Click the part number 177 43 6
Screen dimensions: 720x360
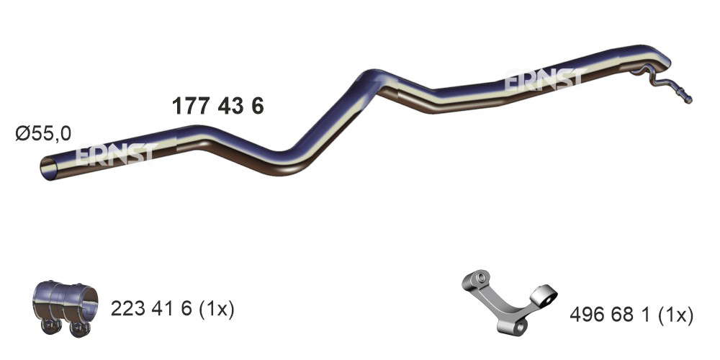click(x=218, y=107)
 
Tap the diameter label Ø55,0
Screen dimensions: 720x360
click(x=43, y=134)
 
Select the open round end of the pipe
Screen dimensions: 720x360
click(x=49, y=168)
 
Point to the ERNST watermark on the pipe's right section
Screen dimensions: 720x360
click(x=546, y=79)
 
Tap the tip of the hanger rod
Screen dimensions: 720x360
click(x=688, y=99)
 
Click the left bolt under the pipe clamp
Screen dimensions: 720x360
click(x=51, y=326)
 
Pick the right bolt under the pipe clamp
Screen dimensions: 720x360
click(x=80, y=329)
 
